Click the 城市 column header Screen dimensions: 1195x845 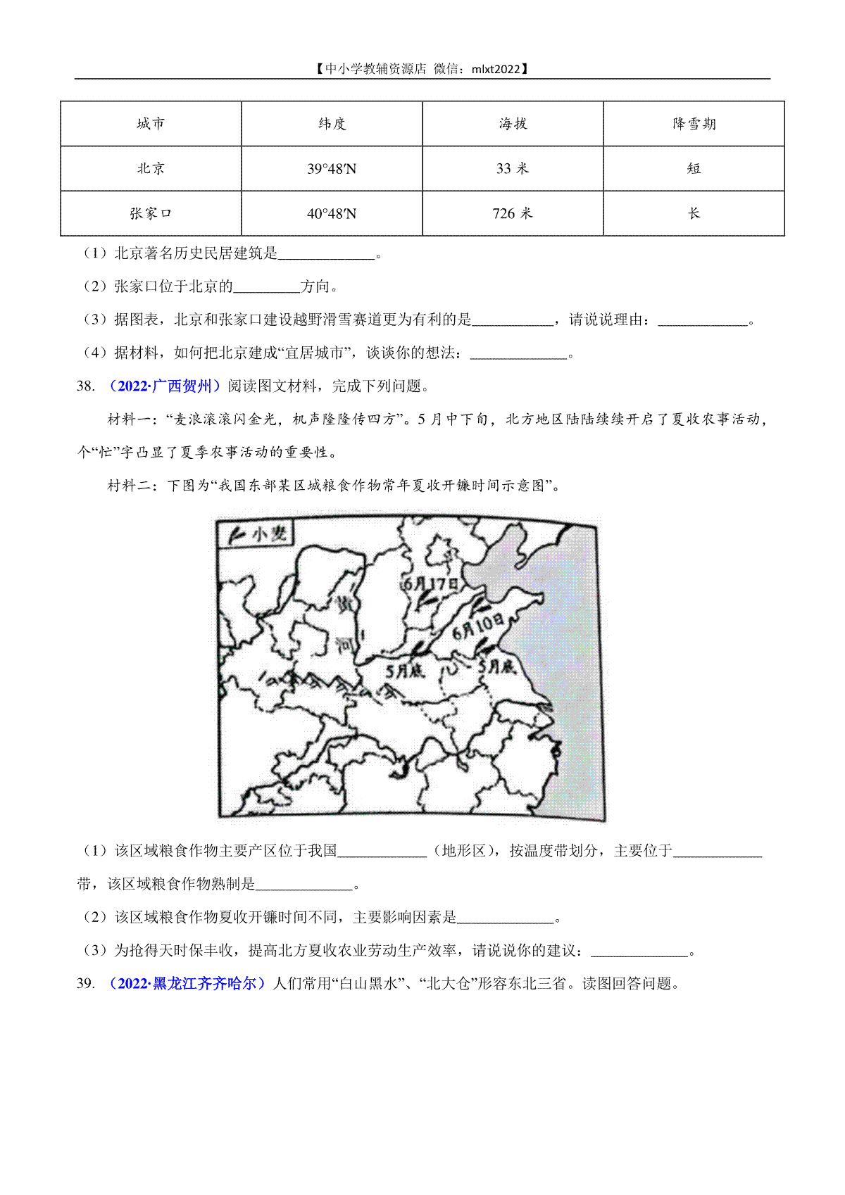[x=151, y=124]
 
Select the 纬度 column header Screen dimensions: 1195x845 [x=332, y=124]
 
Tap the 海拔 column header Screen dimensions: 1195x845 [x=513, y=124]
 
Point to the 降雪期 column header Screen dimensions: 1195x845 [x=694, y=124]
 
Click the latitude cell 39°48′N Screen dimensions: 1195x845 [x=332, y=169]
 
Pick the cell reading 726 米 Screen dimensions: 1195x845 [x=513, y=213]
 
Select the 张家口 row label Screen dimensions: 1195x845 [x=151, y=213]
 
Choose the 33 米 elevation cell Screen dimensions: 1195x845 [x=513, y=169]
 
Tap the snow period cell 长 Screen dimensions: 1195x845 [x=694, y=213]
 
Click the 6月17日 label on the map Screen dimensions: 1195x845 [x=430, y=583]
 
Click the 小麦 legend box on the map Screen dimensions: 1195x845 [x=256, y=535]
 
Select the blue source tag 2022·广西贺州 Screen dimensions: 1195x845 [x=165, y=386]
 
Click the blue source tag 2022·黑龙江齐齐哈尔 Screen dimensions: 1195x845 [x=187, y=983]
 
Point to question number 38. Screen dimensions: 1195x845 [x=85, y=386]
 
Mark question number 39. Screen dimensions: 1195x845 [x=85, y=983]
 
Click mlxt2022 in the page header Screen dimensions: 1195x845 [x=496, y=69]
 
